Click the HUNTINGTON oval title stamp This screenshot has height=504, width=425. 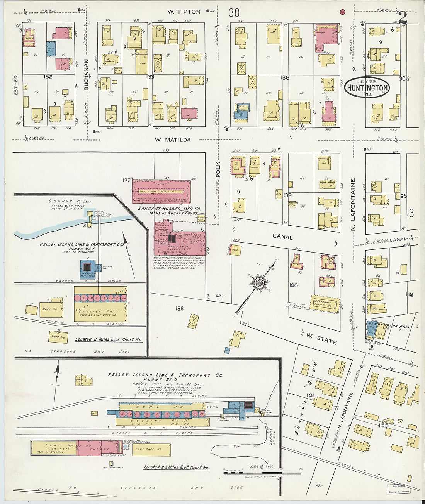pos(367,87)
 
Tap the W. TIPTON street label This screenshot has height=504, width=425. pos(184,12)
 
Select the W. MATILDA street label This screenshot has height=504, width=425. pos(173,140)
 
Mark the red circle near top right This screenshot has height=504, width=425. pos(342,12)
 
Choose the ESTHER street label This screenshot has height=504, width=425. pos(16,85)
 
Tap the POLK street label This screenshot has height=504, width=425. pos(218,170)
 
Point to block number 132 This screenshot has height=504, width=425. pos(48,77)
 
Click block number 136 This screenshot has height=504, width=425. pos(285,78)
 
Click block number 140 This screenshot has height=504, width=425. pos(293,285)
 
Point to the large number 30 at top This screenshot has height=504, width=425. pos(234,13)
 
